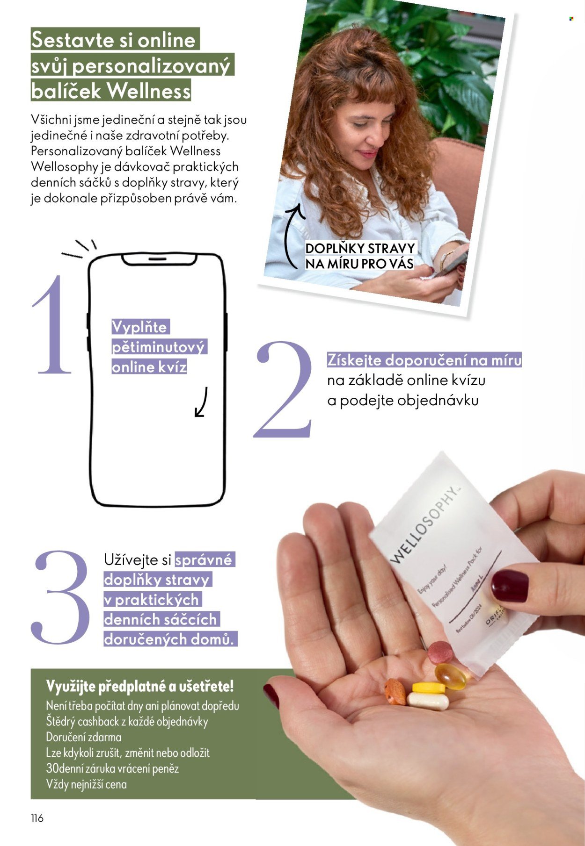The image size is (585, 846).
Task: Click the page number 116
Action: click(37, 818)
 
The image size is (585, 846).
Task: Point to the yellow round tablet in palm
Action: click(428, 688)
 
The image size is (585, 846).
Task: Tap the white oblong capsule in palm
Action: click(428, 701)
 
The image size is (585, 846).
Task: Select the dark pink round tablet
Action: click(440, 652)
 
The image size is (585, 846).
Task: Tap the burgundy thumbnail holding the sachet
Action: click(510, 586)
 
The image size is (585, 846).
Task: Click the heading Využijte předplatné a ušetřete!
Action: click(139, 686)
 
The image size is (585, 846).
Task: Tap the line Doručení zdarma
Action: click(83, 737)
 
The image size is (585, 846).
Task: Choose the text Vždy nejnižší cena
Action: click(86, 784)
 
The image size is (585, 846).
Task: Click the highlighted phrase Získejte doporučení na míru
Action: click(424, 360)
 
